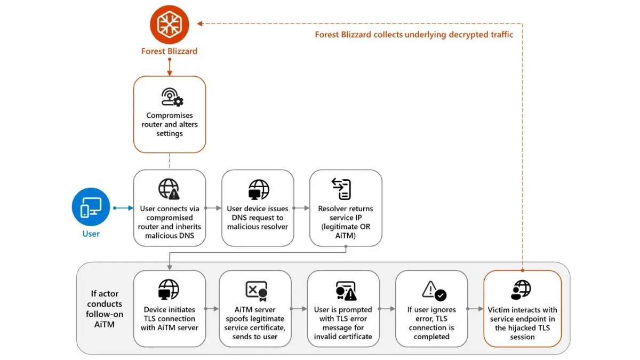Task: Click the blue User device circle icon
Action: [91, 207]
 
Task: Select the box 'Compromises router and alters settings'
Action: [169, 114]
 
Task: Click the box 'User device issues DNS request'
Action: [258, 208]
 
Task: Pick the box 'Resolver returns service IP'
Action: [346, 208]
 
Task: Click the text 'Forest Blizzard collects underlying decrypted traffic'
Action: [414, 35]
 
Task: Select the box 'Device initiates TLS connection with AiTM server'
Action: [169, 308]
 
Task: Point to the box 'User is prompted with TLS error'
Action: [343, 308]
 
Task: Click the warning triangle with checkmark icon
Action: [434, 290]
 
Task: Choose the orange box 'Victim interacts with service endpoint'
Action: [522, 308]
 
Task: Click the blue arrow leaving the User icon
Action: [122, 208]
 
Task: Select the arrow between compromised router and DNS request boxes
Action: [213, 208]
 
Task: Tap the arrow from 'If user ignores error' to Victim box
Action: [475, 309]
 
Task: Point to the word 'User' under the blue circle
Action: [91, 234]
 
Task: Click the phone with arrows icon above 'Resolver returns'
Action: [341, 189]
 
